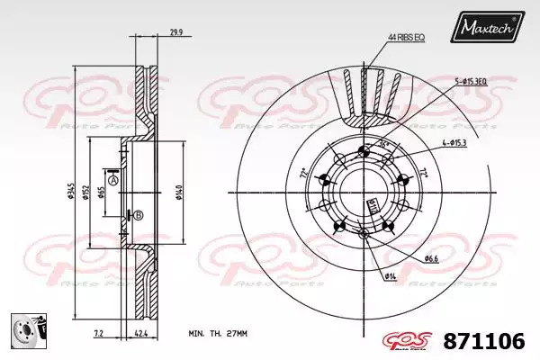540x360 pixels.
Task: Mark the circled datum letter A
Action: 112,180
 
